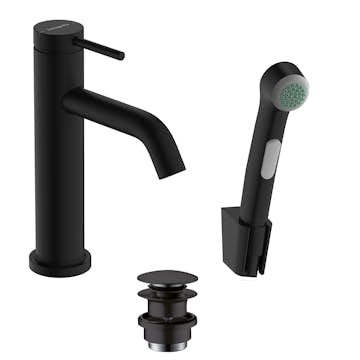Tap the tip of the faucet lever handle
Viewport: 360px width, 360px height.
pos(120,56)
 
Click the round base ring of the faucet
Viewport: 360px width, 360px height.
pos(59,262)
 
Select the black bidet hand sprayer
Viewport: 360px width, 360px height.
pos(270,150)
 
